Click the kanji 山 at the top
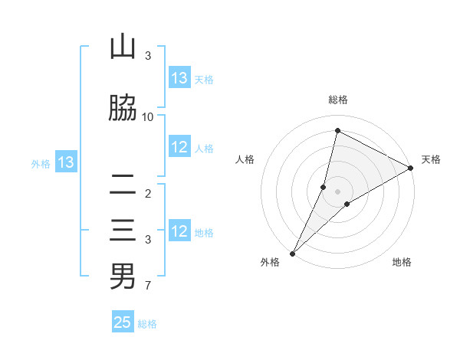(x=123, y=47)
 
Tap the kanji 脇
(x=123, y=109)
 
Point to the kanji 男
(x=123, y=277)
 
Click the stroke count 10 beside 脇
(x=148, y=116)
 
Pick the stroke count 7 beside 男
(x=148, y=286)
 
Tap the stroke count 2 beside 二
(x=148, y=194)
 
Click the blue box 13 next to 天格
(x=179, y=78)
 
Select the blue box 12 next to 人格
(x=179, y=148)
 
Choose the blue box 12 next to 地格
(x=179, y=232)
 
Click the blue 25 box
(x=123, y=322)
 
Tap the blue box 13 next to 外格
(x=65, y=162)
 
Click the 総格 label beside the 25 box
(x=147, y=324)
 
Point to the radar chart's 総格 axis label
(x=337, y=100)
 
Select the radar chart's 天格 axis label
(x=431, y=159)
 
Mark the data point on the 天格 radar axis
(x=411, y=168)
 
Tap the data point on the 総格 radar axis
(x=337, y=131)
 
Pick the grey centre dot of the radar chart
(x=337, y=191)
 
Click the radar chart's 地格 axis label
(x=402, y=262)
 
